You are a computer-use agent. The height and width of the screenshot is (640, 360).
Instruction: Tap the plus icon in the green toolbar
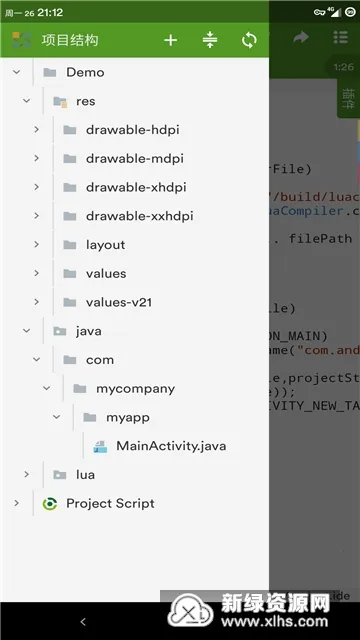(170, 40)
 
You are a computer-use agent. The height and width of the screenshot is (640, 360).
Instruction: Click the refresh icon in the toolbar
(249, 40)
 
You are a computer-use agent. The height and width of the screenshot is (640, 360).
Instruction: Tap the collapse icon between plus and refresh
(209, 40)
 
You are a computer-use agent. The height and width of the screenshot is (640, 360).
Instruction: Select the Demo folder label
(85, 72)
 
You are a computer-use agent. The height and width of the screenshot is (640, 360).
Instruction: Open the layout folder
(105, 245)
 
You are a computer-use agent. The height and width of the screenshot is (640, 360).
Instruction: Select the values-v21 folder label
(118, 302)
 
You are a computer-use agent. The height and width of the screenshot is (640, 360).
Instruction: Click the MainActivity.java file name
(171, 445)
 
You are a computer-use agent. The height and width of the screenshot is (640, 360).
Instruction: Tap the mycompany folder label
(135, 388)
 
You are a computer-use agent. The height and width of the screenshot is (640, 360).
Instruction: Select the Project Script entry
(110, 503)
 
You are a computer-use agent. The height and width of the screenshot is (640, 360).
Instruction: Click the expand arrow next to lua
(26, 474)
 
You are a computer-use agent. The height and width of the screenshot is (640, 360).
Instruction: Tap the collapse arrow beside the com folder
(36, 359)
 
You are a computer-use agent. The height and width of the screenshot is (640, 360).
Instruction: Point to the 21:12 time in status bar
(50, 12)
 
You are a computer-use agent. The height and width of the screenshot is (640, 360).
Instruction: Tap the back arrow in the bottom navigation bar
(83, 622)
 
